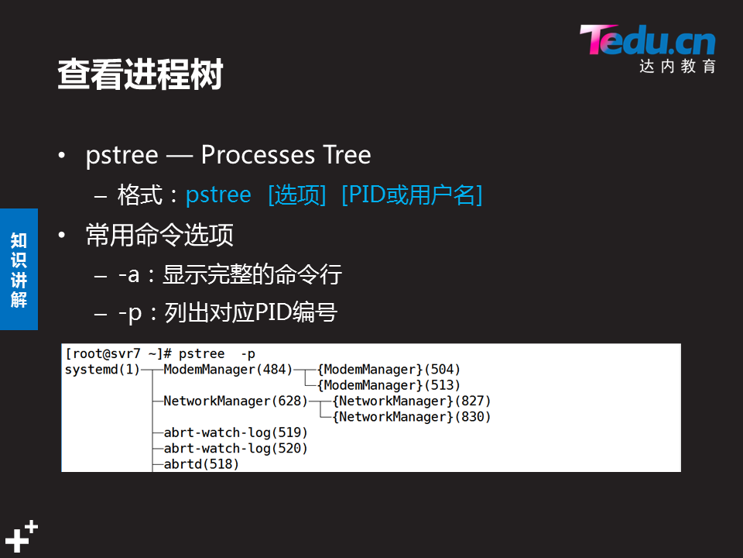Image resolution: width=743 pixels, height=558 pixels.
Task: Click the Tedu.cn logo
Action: tap(647, 40)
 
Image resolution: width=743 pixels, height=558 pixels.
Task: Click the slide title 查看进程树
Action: tap(140, 75)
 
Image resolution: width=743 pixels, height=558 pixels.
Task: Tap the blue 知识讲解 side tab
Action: tap(19, 270)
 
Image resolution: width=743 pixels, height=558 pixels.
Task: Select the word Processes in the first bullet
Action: tap(248, 155)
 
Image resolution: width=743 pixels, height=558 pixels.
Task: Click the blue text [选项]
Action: tap(296, 195)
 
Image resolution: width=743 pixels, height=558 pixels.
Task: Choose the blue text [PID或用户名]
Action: tap(412, 195)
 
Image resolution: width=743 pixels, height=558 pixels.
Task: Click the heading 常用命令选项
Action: tap(159, 235)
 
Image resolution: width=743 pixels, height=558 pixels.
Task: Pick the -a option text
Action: tap(128, 274)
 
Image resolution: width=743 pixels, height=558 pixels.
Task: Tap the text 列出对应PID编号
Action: tap(251, 313)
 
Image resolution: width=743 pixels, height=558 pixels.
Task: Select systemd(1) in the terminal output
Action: tap(101, 370)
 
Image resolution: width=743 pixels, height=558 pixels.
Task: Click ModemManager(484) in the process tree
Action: tap(228, 370)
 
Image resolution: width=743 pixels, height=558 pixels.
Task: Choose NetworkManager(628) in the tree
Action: tap(235, 401)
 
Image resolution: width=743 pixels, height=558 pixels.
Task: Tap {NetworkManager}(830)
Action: tap(412, 417)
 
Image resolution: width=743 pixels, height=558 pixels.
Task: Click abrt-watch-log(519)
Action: tap(235, 432)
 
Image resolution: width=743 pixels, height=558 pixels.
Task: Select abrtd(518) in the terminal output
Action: tap(201, 464)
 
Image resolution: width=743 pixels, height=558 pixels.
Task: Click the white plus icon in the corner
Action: tap(21, 536)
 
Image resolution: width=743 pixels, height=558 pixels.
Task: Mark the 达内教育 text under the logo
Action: tap(677, 67)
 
